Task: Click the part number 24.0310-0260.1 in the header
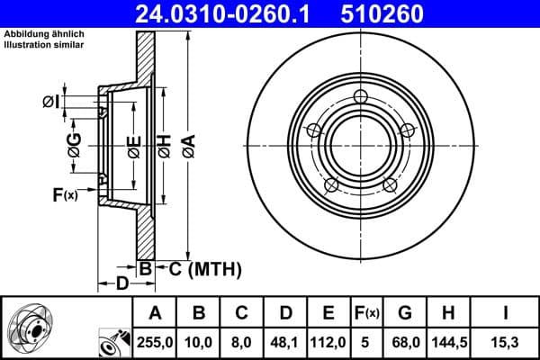pos(222,13)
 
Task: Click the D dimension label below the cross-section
pos(121,283)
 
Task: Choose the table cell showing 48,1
pos(285,341)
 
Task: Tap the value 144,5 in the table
pos(447,341)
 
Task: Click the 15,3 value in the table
pos(505,341)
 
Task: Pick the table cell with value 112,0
pos(329,341)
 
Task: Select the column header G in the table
pos(405,313)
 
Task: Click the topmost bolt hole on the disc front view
pos(362,97)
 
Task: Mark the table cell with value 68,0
pos(405,341)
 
